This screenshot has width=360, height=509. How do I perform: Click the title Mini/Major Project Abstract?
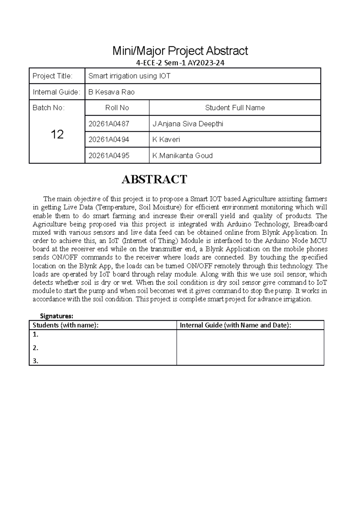point(180,51)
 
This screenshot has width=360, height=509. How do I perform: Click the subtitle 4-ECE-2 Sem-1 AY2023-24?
point(180,63)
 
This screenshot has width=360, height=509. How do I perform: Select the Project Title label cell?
point(52,76)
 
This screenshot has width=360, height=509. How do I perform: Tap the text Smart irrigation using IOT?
point(129,76)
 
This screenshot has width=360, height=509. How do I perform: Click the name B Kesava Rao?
point(111,92)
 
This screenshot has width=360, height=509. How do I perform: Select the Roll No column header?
point(117,108)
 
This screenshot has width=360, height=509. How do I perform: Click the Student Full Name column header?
point(235,108)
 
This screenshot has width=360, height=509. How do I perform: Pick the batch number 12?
point(57,134)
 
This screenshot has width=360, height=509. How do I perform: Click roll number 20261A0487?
point(109,124)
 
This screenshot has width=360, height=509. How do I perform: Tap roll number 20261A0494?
point(109,140)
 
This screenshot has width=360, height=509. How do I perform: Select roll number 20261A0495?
point(109,156)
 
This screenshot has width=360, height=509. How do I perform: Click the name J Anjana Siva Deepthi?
point(188,124)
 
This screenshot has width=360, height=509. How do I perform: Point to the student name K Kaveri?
point(166,140)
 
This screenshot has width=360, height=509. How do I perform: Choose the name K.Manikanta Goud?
point(182,156)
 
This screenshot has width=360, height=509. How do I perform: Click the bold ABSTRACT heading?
point(154,179)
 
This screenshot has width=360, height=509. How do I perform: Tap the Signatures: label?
point(57,316)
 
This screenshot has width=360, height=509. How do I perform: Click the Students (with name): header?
point(65,325)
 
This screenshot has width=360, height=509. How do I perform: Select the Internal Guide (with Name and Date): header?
point(235,325)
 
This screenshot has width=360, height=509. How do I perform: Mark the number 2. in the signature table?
point(36,348)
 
